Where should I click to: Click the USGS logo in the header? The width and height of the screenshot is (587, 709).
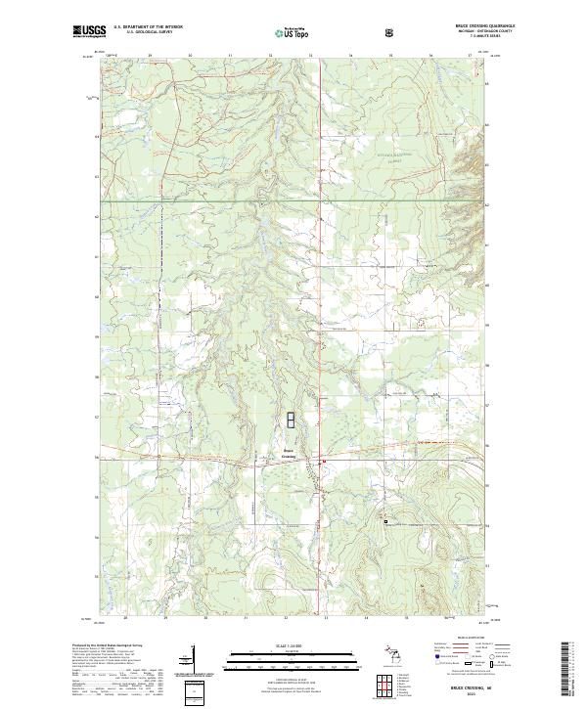[x=90, y=31]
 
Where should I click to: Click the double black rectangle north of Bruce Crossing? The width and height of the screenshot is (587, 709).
[x=290, y=421]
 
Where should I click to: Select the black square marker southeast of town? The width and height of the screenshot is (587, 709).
[x=385, y=521]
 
